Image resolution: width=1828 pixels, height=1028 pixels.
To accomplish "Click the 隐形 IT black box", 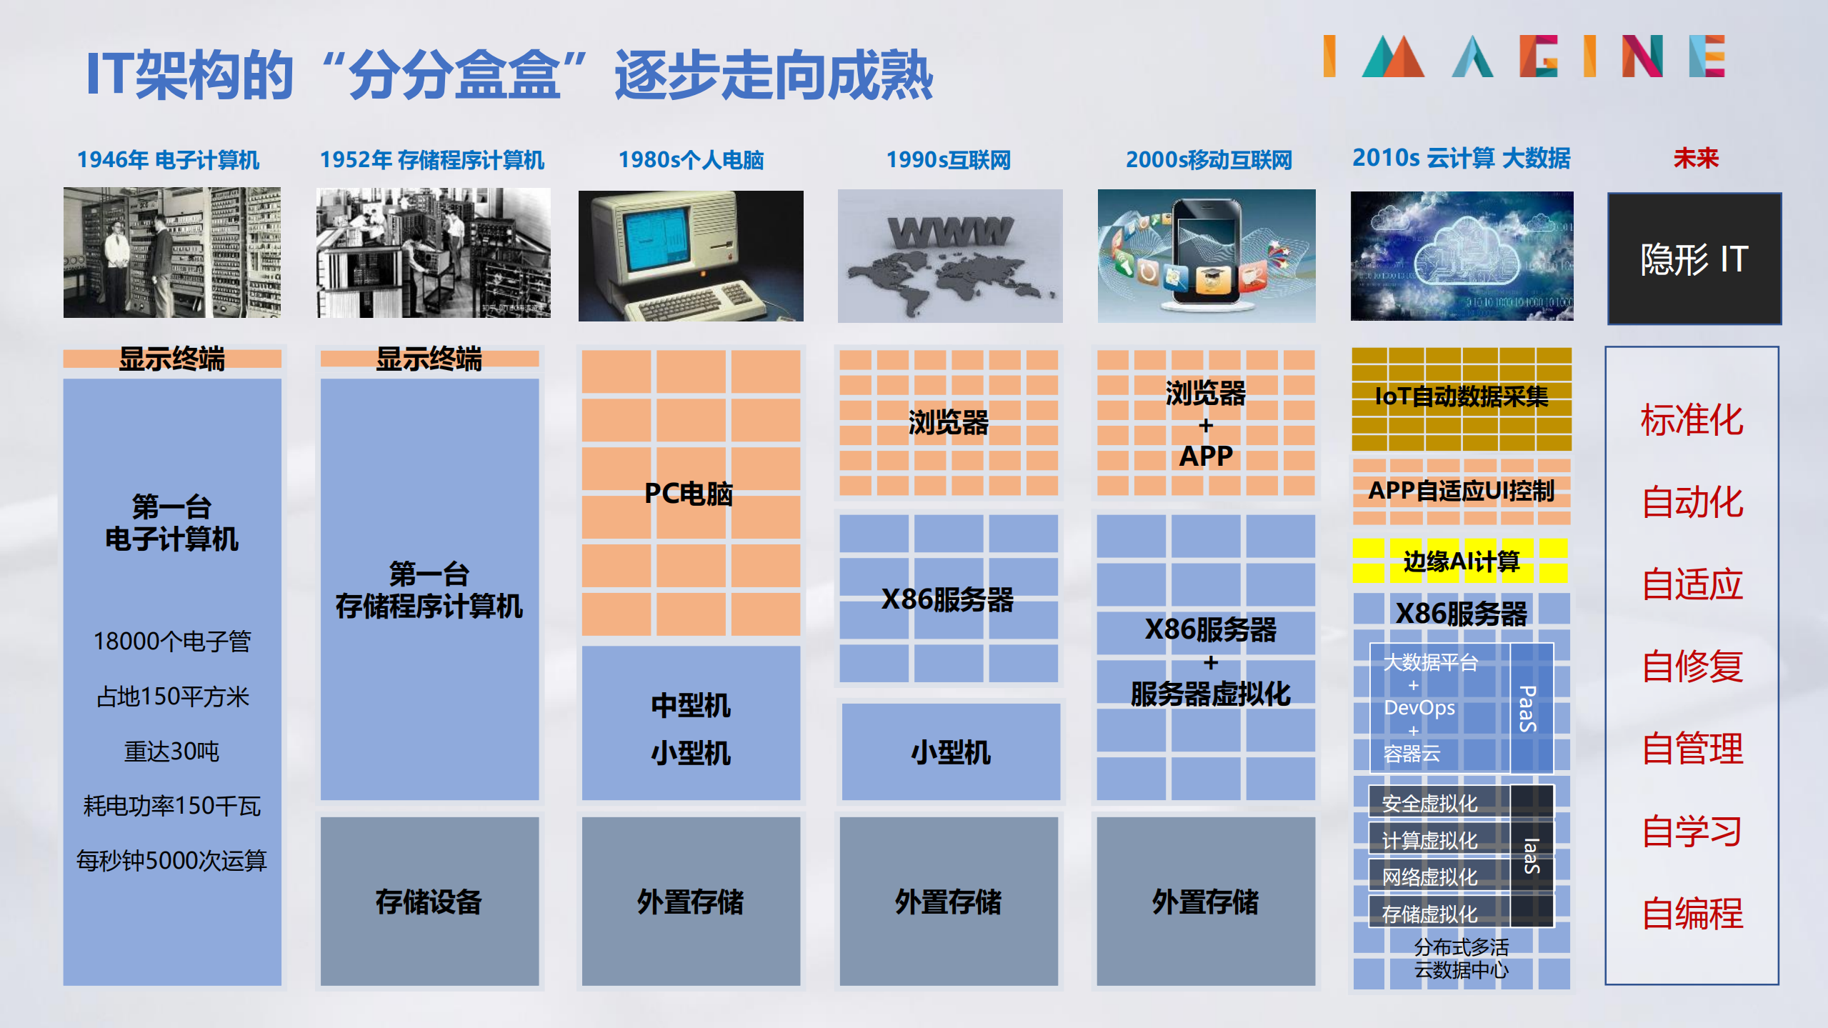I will (1694, 259).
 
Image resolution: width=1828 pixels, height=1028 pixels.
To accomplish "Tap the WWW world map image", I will (949, 256).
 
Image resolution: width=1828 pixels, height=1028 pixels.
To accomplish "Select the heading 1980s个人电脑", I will (691, 159).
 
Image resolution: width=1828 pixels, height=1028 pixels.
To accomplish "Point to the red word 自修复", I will (1692, 667).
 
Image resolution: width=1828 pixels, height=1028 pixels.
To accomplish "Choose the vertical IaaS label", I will (1531, 855).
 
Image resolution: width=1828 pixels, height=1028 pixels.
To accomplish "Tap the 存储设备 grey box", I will (429, 901).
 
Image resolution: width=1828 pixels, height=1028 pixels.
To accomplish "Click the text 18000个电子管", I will (172, 641).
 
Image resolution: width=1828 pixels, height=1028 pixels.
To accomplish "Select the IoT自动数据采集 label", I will (1462, 396).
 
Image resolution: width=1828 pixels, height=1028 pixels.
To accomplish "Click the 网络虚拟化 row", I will (1430, 877).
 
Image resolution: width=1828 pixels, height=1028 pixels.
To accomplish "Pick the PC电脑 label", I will (689, 493).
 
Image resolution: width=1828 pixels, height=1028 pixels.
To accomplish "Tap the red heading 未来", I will (1695, 158).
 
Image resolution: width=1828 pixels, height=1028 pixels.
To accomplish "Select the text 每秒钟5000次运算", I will (172, 860).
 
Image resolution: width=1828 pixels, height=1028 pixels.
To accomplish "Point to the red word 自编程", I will (1692, 913).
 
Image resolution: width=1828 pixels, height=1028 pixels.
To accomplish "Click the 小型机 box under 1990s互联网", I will (951, 752).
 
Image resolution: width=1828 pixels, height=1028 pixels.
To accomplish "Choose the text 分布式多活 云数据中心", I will (1462, 958).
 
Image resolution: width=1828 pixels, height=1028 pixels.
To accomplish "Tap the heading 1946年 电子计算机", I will (169, 159).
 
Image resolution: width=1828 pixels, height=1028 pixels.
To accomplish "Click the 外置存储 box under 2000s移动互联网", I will (1206, 901).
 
